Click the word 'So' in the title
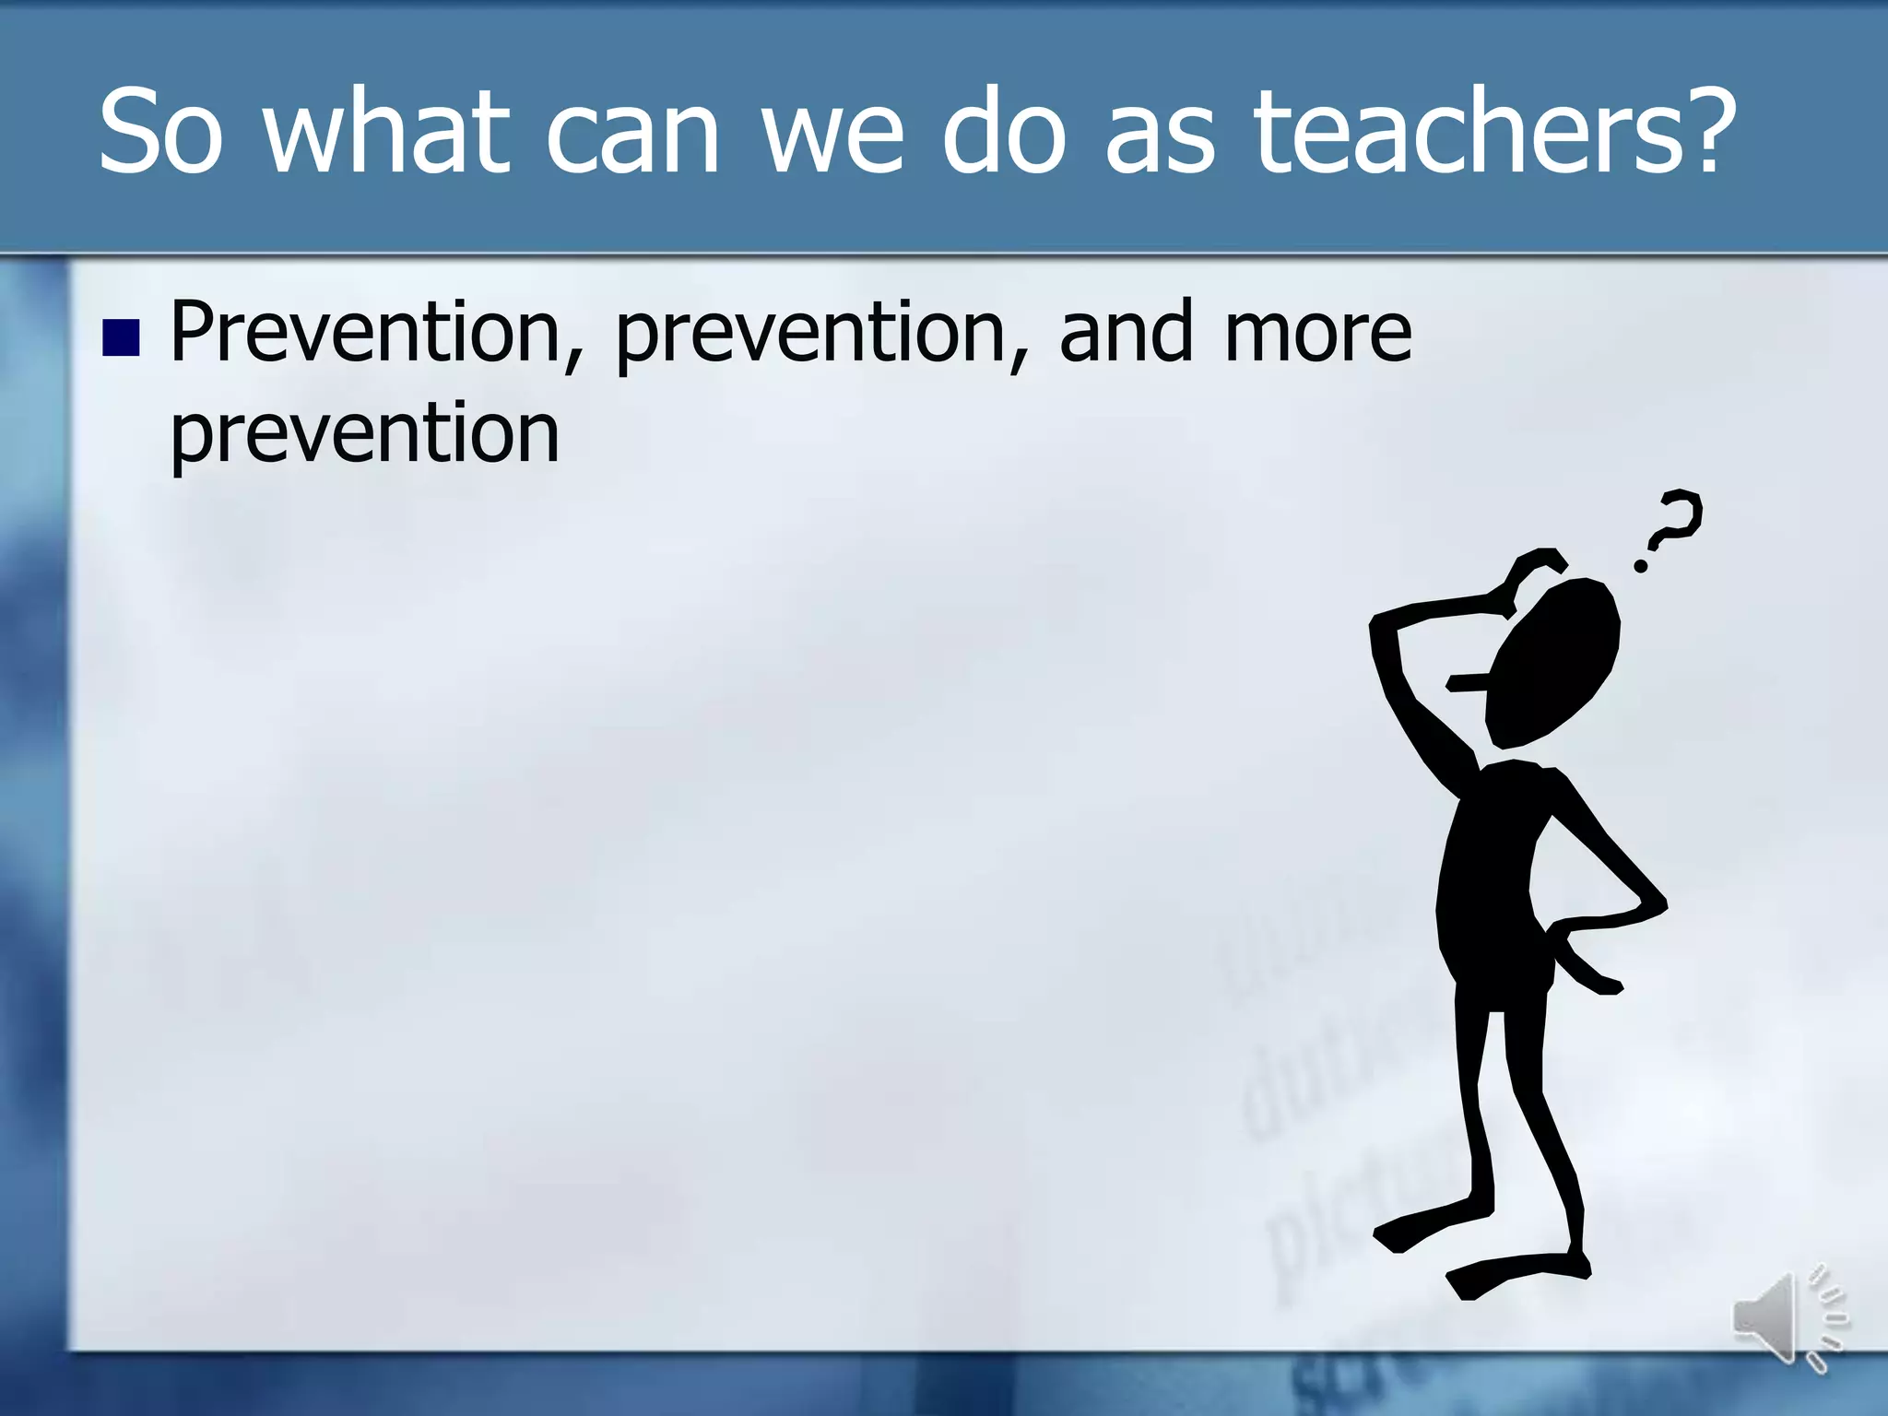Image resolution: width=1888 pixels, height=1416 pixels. [x=160, y=132]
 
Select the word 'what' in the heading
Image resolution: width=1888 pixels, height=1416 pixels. [x=386, y=132]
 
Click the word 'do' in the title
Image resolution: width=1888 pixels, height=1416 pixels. [x=1004, y=132]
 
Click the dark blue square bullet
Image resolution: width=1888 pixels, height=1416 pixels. [x=121, y=337]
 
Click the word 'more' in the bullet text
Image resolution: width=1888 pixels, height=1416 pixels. [x=1317, y=334]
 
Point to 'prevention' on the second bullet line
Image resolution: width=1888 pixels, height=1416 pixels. [x=365, y=435]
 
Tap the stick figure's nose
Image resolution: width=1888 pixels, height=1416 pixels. [x=1466, y=683]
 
